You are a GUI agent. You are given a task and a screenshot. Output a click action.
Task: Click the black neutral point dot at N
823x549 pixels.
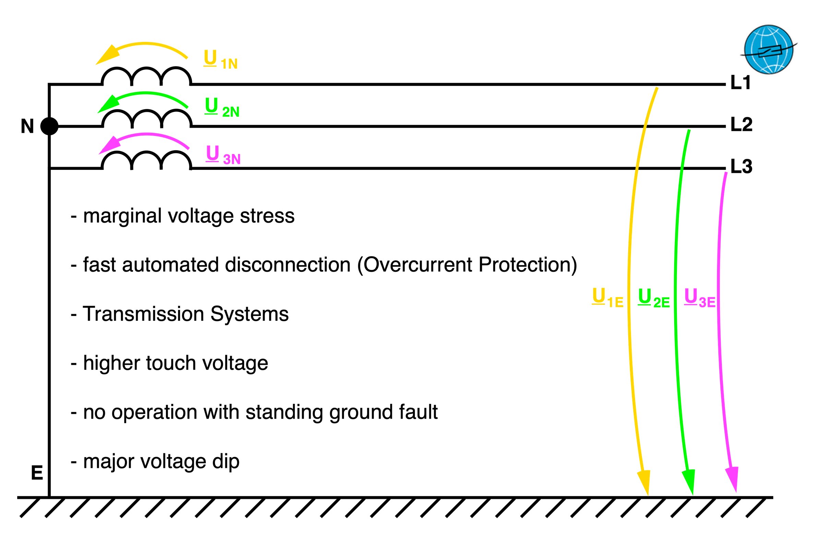tap(49, 126)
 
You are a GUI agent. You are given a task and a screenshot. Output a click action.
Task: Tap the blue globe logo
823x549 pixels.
tap(768, 49)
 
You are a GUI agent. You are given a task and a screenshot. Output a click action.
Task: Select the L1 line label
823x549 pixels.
tap(741, 83)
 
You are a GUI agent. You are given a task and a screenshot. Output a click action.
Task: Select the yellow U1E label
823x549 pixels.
tap(607, 298)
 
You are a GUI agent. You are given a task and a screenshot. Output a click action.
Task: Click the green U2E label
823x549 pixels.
tap(654, 298)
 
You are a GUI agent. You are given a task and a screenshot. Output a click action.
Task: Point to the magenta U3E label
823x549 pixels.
tap(700, 298)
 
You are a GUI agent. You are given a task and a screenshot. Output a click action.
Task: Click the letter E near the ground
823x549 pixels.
tap(37, 474)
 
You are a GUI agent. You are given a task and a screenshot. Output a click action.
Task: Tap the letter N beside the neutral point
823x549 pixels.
tap(27, 126)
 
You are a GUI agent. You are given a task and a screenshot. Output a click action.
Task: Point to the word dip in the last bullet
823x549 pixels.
tap(226, 462)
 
